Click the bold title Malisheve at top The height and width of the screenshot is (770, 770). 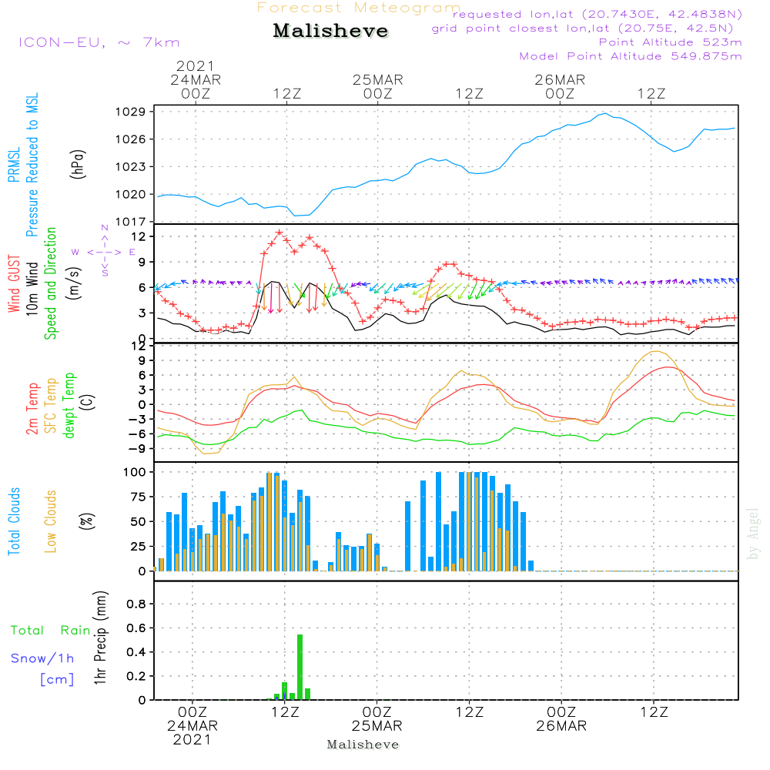[x=331, y=32]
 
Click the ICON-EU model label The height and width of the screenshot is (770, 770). [x=98, y=42]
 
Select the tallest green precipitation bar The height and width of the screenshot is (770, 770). [x=300, y=667]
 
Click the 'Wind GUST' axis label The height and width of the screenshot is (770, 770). [x=14, y=286]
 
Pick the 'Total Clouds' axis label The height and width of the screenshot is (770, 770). [x=14, y=521]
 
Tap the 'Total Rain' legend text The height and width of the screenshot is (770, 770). [x=50, y=631]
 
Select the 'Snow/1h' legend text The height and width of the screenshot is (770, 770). [x=42, y=658]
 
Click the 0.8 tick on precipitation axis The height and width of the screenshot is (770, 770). [x=136, y=604]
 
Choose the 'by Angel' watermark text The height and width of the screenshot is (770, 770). [x=753, y=534]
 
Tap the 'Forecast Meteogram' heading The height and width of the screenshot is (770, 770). [x=359, y=8]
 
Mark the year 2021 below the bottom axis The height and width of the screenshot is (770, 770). [x=192, y=740]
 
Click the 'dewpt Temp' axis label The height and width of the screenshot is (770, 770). [x=70, y=406]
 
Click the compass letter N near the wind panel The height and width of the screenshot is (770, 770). [x=105, y=229]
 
